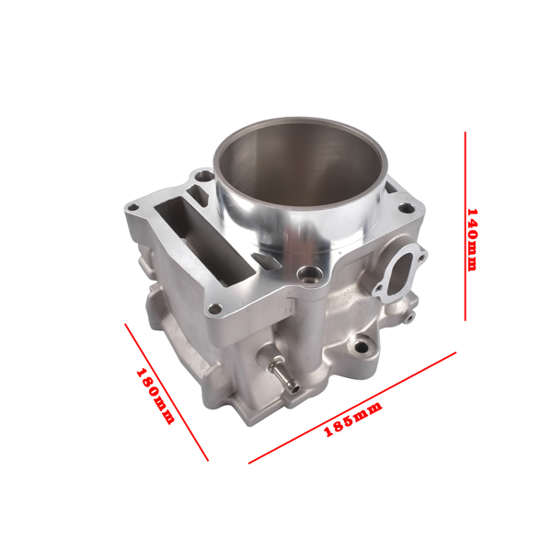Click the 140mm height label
coord(471,238)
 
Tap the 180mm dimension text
coord(155,397)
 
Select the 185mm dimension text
coord(353,421)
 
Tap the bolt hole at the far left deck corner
coord(133,207)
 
